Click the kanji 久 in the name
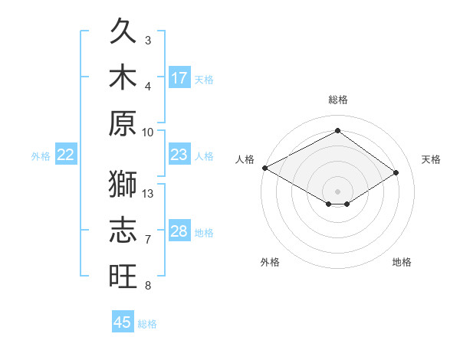tap(123, 31)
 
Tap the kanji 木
tap(123, 77)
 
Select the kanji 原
tap(123, 123)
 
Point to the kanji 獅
tap(123, 184)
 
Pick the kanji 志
tap(123, 230)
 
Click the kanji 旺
tap(123, 276)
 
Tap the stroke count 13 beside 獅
tap(147, 194)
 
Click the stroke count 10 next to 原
tap(147, 133)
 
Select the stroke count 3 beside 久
tap(148, 41)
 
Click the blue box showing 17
tap(179, 77)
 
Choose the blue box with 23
tap(179, 154)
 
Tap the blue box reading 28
tap(179, 230)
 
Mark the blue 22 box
tap(66, 154)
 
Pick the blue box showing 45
tap(123, 321)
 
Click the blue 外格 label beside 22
tap(41, 156)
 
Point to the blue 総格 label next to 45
tap(147, 324)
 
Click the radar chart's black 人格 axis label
tap(245, 159)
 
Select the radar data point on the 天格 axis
tap(396, 172)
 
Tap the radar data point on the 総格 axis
tap(337, 130)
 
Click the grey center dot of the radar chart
tap(337, 191)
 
